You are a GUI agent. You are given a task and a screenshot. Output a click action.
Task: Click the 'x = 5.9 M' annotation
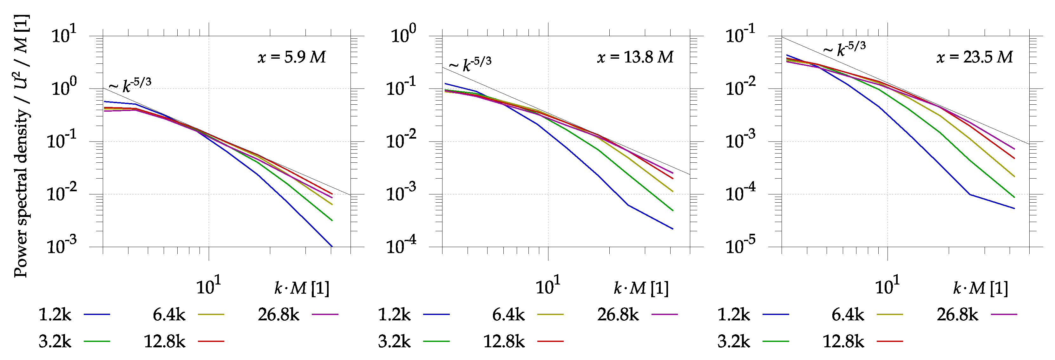pos(292,57)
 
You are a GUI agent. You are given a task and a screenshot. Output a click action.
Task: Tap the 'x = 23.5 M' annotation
pos(974,57)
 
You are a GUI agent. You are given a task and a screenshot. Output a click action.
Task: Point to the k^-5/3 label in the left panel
pos(130,85)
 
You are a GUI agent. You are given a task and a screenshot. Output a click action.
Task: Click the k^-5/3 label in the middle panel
pos(470,63)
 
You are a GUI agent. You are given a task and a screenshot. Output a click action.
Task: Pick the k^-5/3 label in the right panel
pos(844,48)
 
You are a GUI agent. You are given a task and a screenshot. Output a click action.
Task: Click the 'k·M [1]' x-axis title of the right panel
pos(980,288)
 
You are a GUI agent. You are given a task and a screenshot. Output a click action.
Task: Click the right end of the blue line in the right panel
pos(1014,208)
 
